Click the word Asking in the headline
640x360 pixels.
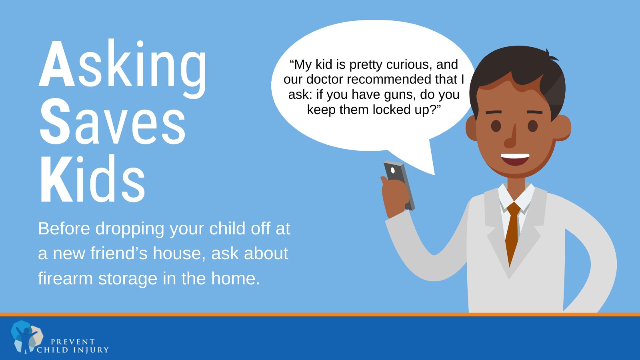coord(123,68)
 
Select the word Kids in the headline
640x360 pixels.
coord(92,178)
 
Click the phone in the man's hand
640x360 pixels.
coord(399,185)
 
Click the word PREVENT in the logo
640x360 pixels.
coord(72,342)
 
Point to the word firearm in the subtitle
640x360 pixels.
coord(66,278)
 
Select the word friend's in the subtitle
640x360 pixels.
coord(119,253)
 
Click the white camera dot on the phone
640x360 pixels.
coord(392,170)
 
